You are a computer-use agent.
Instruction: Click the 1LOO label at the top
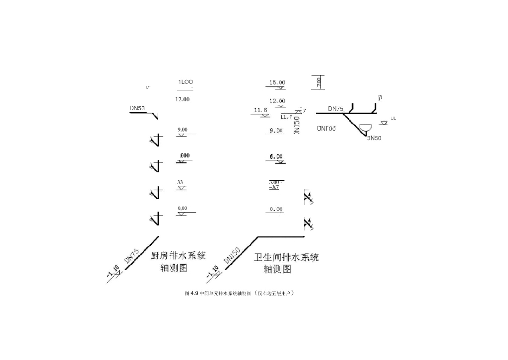186,82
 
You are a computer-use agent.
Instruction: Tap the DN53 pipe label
137,108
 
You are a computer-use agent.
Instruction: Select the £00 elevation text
184,156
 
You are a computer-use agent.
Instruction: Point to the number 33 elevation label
180,182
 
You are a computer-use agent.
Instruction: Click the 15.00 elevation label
277,82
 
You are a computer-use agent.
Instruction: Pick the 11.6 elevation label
260,110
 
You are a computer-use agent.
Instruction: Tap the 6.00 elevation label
276,156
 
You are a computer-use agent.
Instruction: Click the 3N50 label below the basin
374,138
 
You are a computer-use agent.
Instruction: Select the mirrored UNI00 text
326,129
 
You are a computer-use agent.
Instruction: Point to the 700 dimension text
318,82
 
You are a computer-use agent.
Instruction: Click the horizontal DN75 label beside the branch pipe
335,109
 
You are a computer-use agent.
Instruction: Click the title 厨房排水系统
178,256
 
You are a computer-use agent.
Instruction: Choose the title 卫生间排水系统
286,258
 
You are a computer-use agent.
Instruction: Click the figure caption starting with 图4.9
240,294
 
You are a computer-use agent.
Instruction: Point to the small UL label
393,118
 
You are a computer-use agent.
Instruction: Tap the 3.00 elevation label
275,182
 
